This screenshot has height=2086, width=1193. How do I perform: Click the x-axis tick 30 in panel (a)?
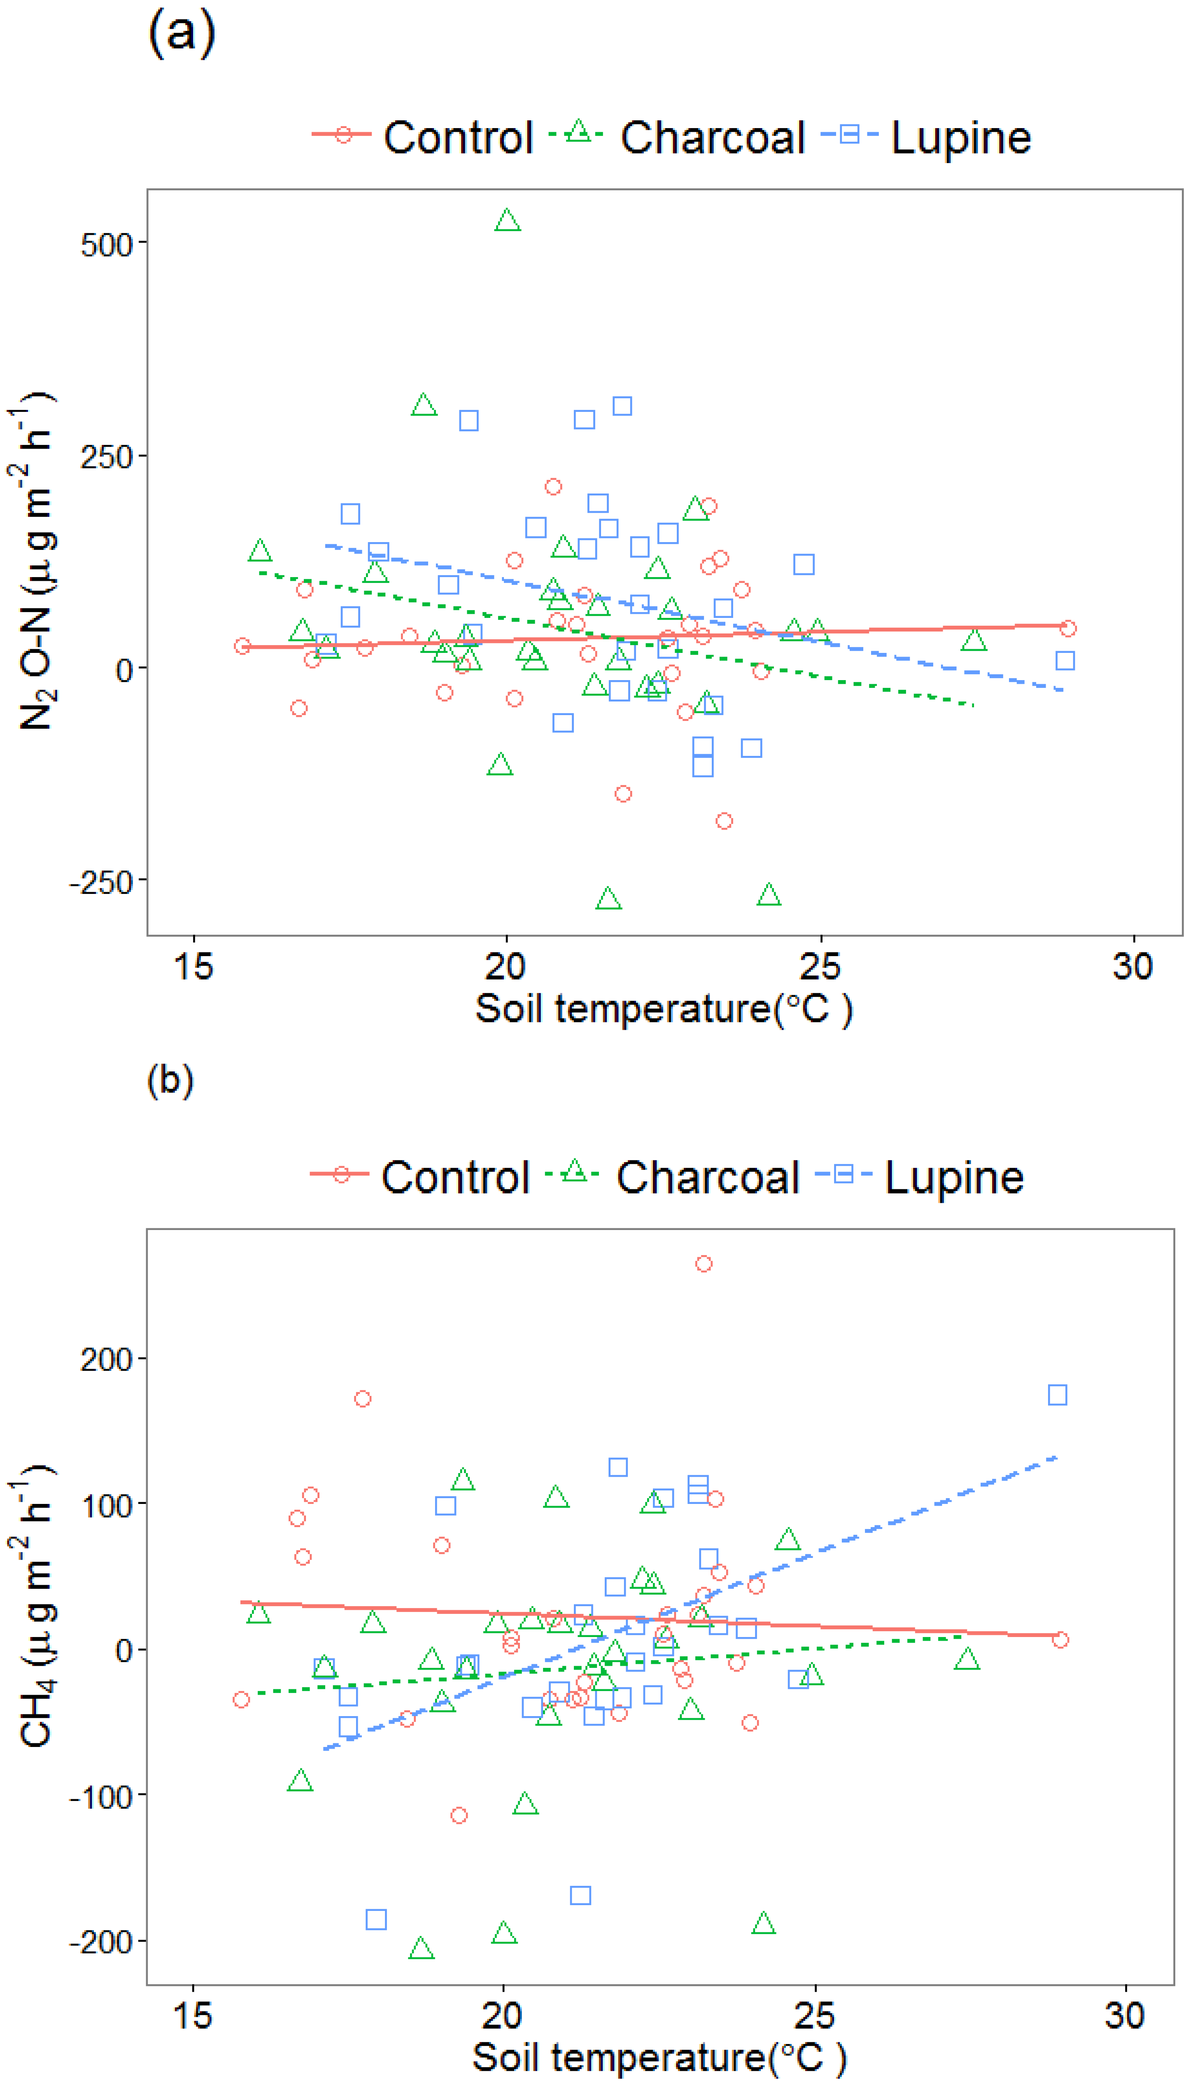1133,967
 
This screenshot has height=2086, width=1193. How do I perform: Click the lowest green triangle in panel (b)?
421,1948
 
